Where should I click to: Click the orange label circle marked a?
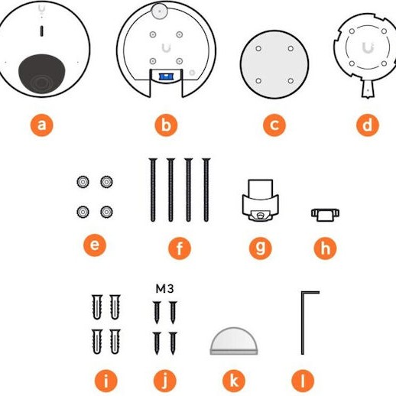[x=42, y=125]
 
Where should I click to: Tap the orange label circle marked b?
[x=166, y=125]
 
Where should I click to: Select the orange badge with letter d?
[x=368, y=125]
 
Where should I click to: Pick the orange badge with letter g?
[x=261, y=248]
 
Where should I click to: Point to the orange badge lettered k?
[x=234, y=381]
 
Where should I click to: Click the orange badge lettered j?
[x=165, y=381]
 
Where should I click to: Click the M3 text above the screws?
[x=164, y=289]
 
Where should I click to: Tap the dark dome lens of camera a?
[x=42, y=74]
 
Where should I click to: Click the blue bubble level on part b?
[x=166, y=76]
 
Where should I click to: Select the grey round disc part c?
[x=274, y=64]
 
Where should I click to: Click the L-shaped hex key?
[x=303, y=323]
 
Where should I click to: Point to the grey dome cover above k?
[x=234, y=341]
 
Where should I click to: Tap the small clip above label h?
[x=325, y=215]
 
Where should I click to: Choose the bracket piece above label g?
[x=260, y=200]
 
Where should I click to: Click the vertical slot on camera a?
[x=42, y=31]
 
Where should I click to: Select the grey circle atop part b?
[x=160, y=11]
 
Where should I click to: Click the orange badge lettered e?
[x=95, y=245]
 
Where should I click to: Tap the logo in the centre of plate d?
[x=368, y=48]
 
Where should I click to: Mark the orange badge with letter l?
[x=303, y=381]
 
